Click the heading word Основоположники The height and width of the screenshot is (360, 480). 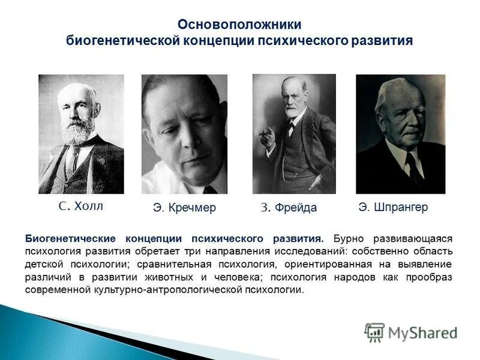click(x=239, y=25)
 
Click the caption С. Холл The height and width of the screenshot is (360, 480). click(x=81, y=206)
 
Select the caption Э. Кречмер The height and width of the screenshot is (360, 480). click(x=184, y=208)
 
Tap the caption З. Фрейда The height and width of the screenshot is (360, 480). click(x=289, y=208)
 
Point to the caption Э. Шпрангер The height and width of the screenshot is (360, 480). click(x=393, y=207)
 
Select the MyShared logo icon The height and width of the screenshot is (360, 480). click(x=374, y=332)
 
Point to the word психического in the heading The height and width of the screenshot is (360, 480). click(x=299, y=41)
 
